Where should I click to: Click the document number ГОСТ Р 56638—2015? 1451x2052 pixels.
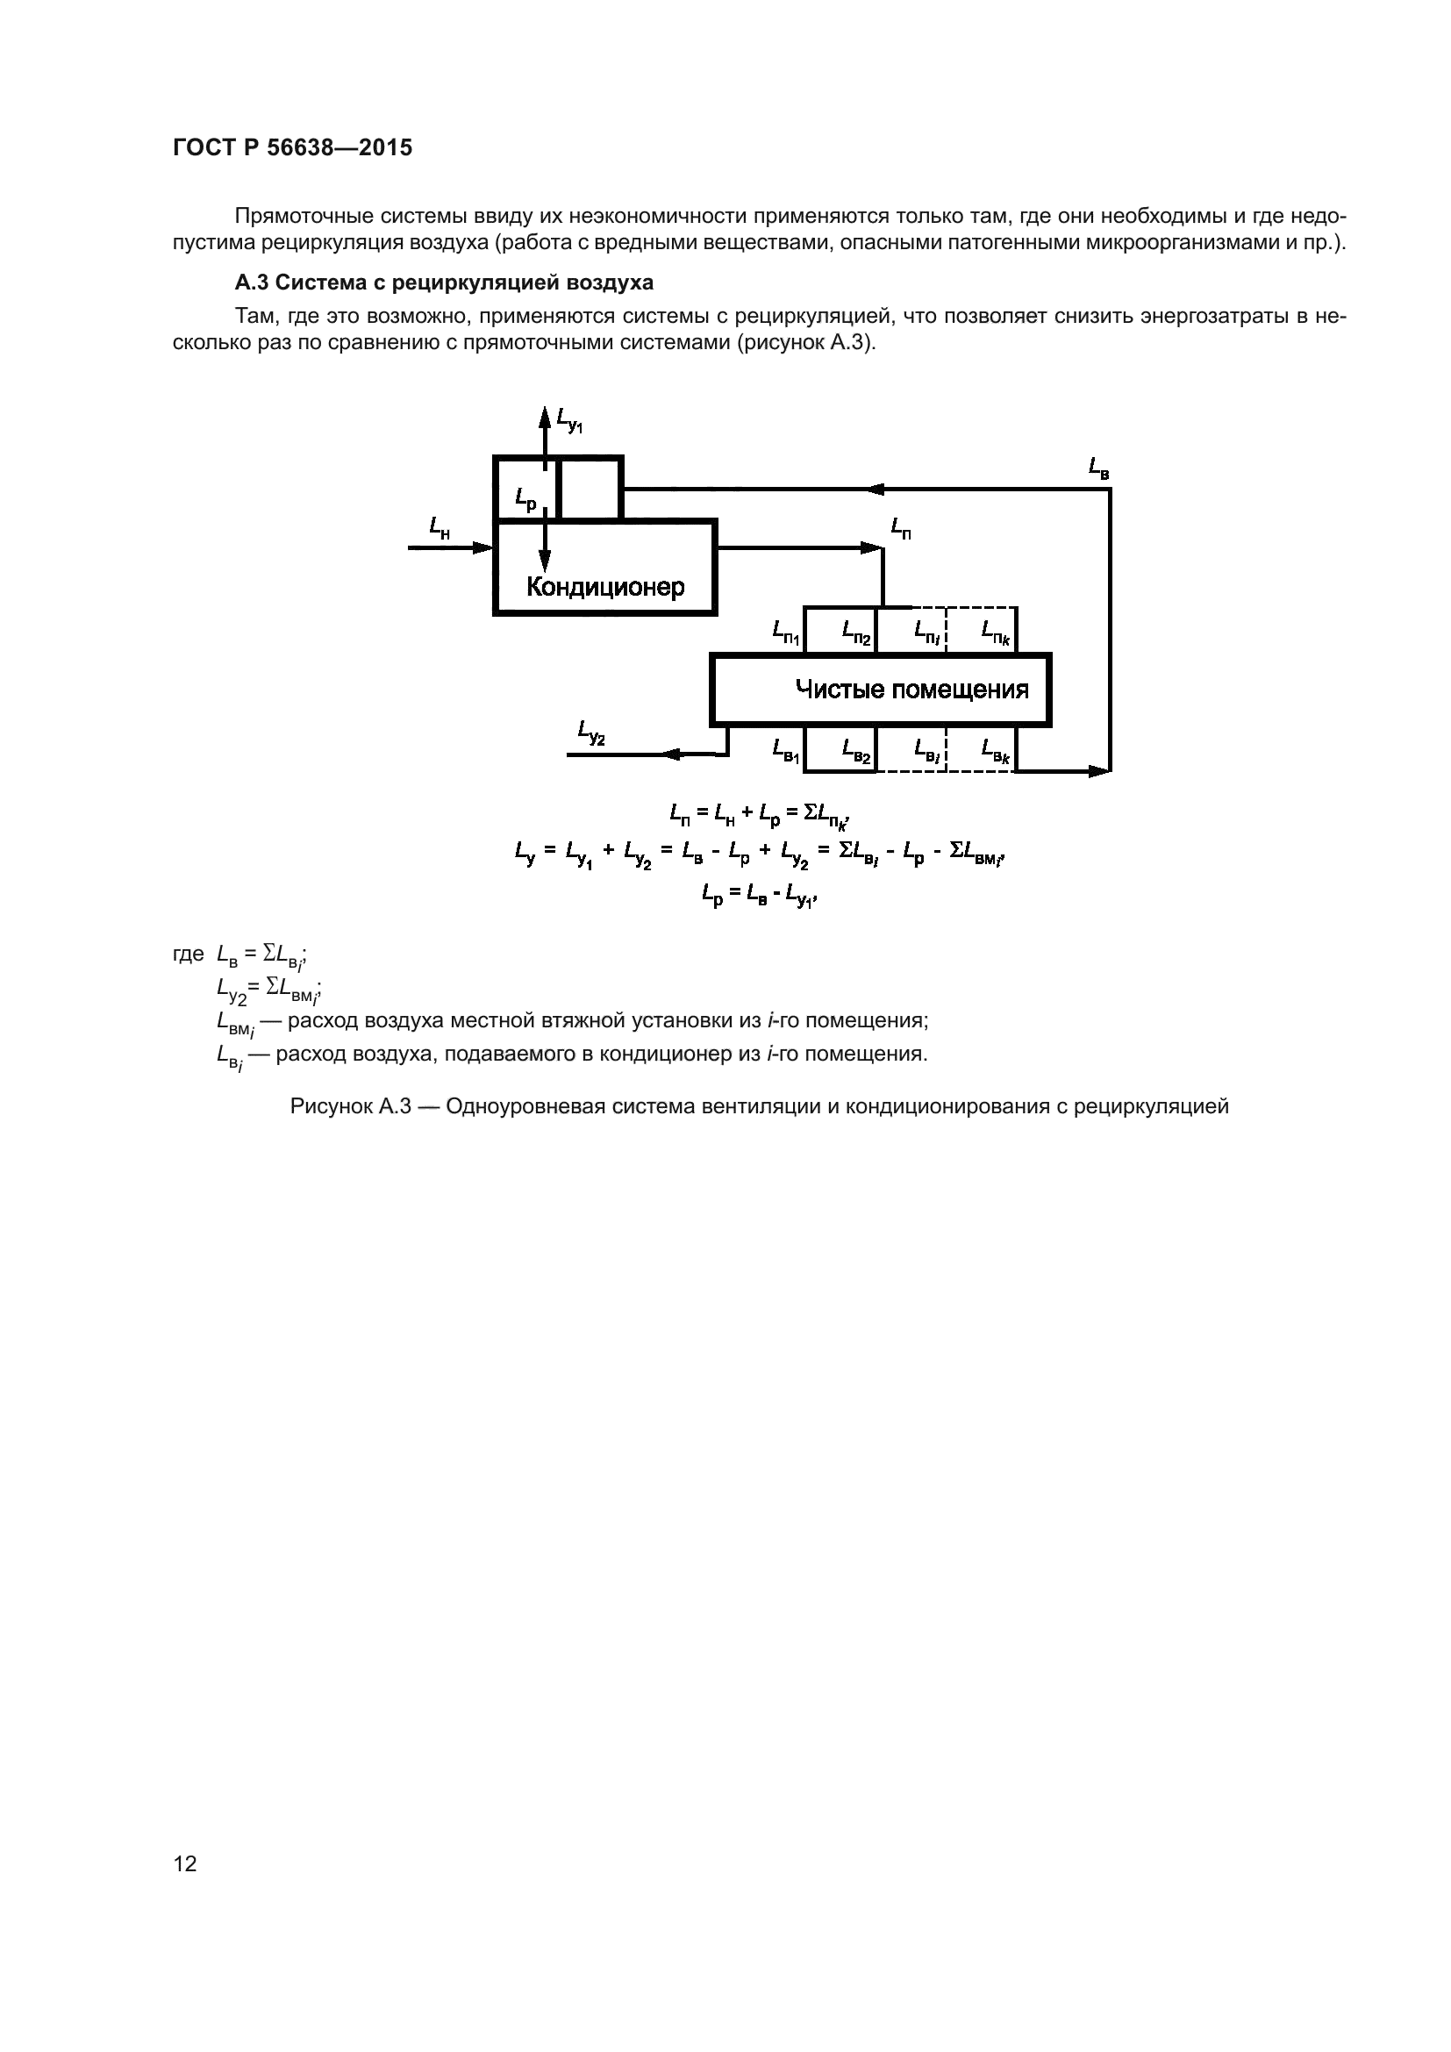[x=292, y=148]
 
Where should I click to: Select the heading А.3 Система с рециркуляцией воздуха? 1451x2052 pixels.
[x=443, y=283]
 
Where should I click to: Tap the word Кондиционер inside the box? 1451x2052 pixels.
[x=605, y=587]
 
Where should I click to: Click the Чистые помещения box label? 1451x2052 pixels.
[x=911, y=690]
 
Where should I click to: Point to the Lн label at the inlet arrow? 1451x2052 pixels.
[x=439, y=528]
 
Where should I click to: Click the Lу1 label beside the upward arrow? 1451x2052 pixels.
[x=569, y=419]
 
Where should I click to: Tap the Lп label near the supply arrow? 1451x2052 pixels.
[x=901, y=528]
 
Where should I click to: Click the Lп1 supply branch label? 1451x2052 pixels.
[x=786, y=633]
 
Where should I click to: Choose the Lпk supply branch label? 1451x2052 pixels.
[x=996, y=632]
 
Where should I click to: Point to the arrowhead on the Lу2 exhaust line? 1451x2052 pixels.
[x=673, y=755]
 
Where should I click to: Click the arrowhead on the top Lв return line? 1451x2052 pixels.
[x=876, y=489]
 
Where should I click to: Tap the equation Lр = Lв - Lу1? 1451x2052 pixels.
[x=760, y=895]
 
